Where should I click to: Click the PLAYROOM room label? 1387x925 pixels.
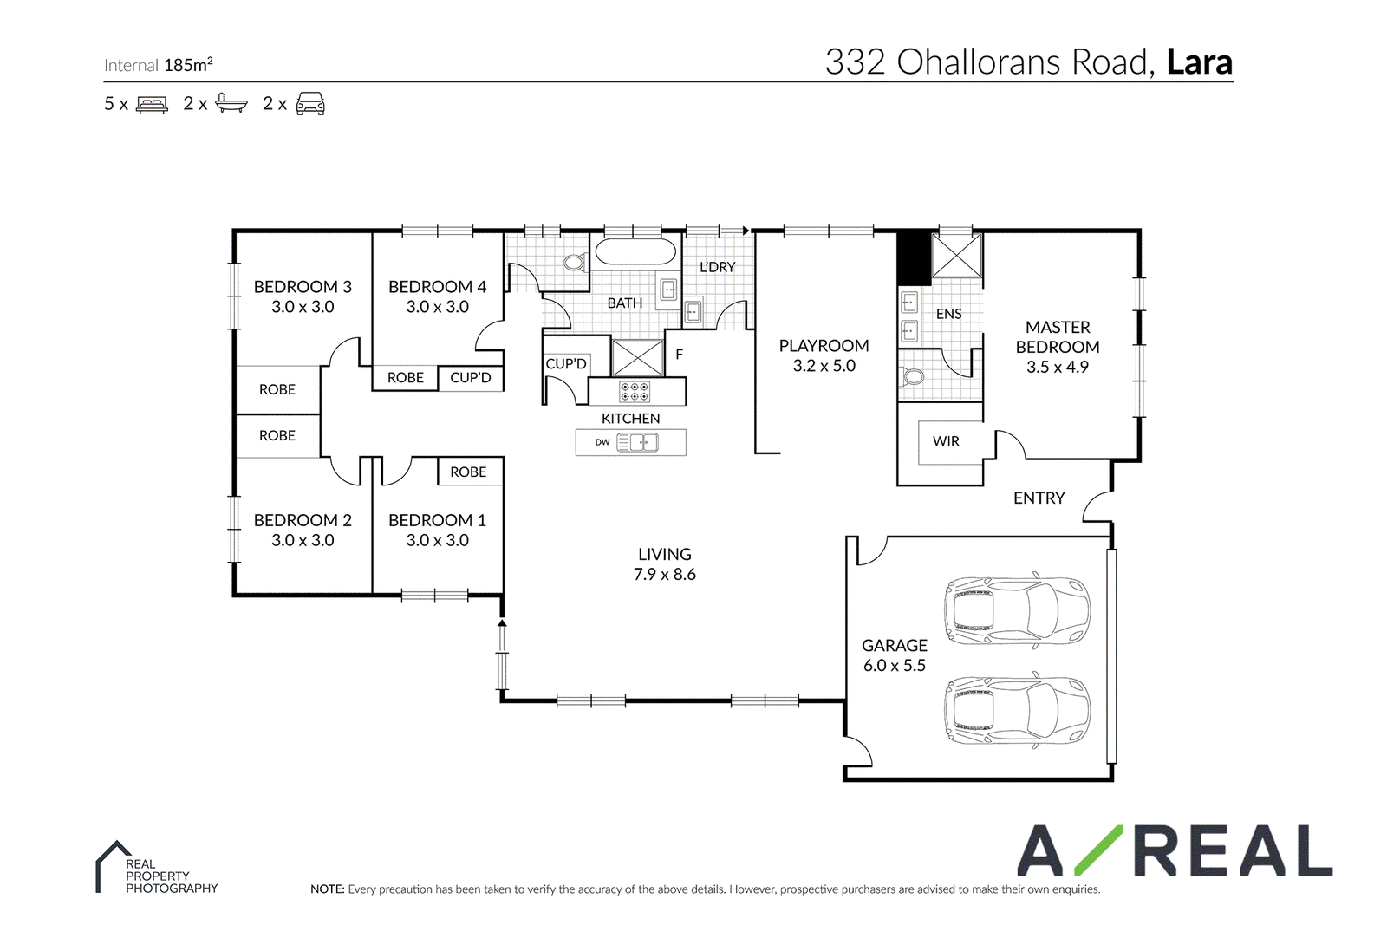(824, 346)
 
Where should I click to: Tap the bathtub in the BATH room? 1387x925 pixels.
(635, 252)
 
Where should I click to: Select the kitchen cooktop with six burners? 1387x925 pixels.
(635, 391)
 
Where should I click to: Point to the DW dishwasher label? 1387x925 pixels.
(602, 442)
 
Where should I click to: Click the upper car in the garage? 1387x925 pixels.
(1017, 609)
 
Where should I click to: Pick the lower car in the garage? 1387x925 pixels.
(1017, 710)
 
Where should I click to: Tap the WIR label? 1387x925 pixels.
(946, 441)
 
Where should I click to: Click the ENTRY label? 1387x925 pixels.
(1039, 498)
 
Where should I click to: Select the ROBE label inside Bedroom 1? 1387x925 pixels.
(468, 472)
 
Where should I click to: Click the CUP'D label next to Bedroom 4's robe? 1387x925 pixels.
(471, 377)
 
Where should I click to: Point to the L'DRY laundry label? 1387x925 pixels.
(717, 267)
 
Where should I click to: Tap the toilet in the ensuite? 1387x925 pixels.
(913, 376)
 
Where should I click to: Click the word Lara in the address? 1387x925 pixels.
(1200, 62)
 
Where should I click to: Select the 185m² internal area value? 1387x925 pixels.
(188, 64)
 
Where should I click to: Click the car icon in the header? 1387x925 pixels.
(310, 103)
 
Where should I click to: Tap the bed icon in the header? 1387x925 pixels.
(152, 104)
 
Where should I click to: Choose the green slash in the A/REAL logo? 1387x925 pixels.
(1098, 850)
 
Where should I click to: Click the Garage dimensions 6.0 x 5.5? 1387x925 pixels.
(894, 666)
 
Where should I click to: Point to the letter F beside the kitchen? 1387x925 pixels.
(680, 355)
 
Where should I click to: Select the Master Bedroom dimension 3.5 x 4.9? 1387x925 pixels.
(1058, 368)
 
